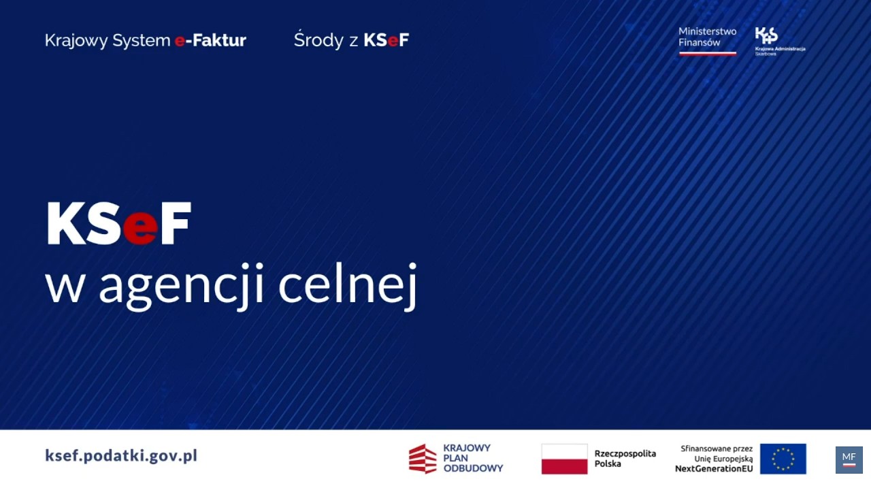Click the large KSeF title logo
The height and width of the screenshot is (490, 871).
(118, 223)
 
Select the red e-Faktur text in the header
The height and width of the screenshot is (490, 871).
(210, 40)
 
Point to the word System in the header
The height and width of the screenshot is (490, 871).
(141, 41)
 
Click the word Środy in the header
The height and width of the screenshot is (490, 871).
(318, 41)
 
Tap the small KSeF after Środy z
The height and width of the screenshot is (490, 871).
(386, 40)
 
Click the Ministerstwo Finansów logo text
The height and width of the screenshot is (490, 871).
(707, 37)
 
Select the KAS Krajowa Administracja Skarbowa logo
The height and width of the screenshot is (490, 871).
(778, 42)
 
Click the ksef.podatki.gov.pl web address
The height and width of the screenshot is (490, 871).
(121, 455)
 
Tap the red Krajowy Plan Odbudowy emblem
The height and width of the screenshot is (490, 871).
(422, 459)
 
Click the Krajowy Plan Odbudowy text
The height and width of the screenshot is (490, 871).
(472, 458)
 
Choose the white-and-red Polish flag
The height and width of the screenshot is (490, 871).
(564, 459)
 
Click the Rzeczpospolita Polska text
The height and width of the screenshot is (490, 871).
(625, 458)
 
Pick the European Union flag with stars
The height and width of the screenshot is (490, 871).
(783, 459)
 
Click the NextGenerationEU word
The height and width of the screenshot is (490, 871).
(713, 468)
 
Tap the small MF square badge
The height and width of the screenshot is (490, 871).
(849, 459)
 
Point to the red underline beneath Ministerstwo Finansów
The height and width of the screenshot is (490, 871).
(707, 53)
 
